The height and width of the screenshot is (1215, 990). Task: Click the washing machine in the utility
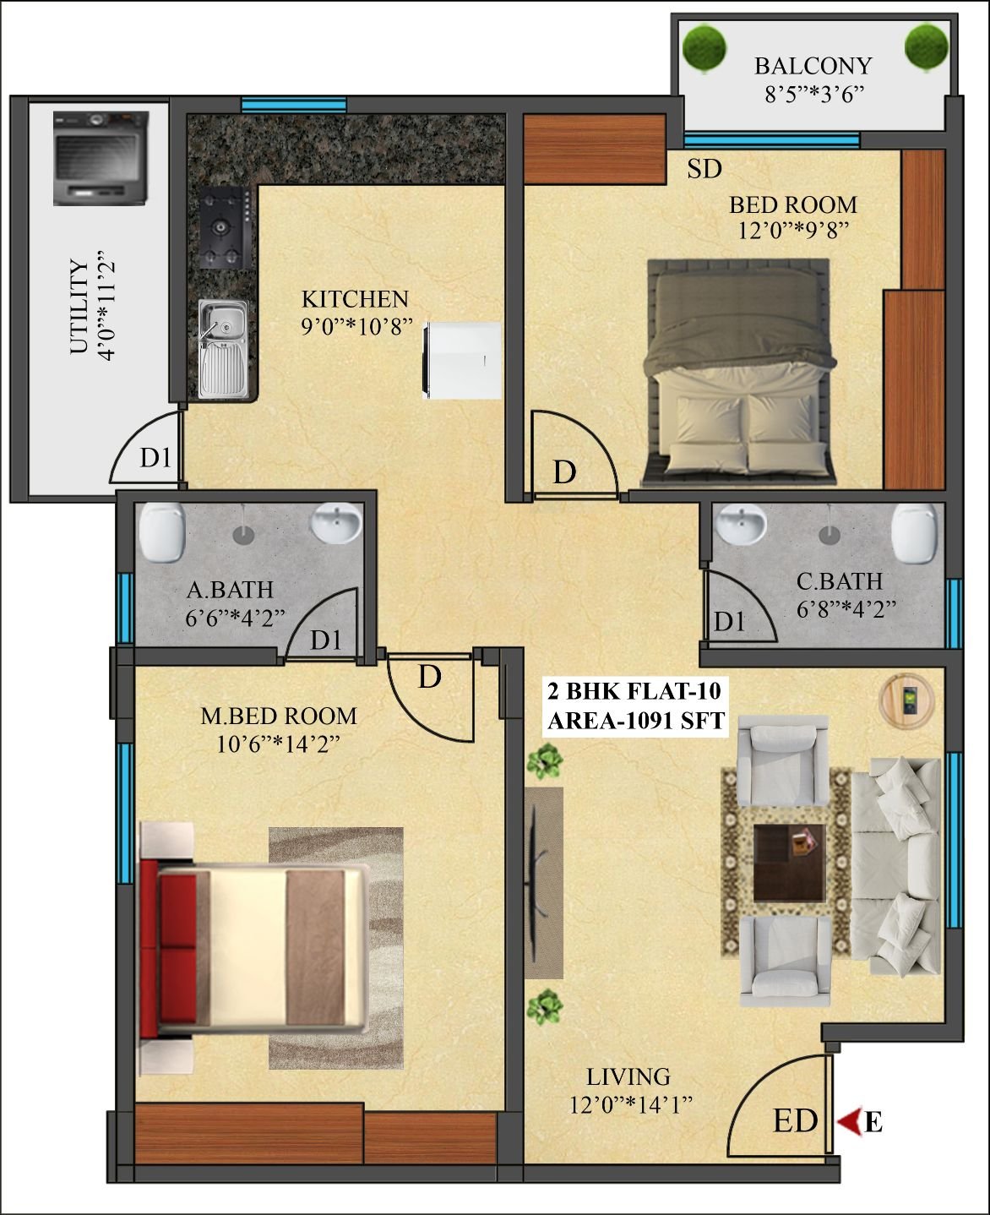click(x=101, y=158)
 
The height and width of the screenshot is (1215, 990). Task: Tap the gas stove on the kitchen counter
click(x=226, y=228)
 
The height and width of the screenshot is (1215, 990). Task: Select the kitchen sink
click(x=222, y=348)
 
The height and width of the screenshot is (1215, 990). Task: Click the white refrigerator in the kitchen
click(x=461, y=361)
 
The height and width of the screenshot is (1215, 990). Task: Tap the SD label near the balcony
click(x=704, y=169)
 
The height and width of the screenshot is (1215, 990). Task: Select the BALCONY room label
click(x=813, y=66)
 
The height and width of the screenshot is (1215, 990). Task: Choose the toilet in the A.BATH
click(x=162, y=532)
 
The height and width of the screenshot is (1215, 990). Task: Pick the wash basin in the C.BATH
click(x=741, y=524)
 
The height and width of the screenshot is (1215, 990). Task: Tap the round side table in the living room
click(x=906, y=700)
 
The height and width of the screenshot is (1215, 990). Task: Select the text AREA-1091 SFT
click(x=636, y=721)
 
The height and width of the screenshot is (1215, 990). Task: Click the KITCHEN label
click(x=355, y=299)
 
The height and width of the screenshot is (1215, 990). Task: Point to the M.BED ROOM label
click(x=279, y=716)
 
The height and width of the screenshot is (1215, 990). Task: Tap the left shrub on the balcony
click(x=704, y=48)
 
